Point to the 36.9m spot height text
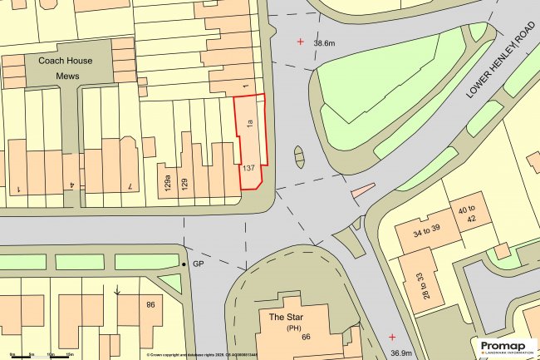400,353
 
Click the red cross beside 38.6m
301,41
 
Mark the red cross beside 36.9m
391,337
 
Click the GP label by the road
198,264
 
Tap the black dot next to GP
184,264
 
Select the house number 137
248,168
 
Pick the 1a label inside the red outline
248,126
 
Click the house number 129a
168,180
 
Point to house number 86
150,303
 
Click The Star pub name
282,317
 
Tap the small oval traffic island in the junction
300,155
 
